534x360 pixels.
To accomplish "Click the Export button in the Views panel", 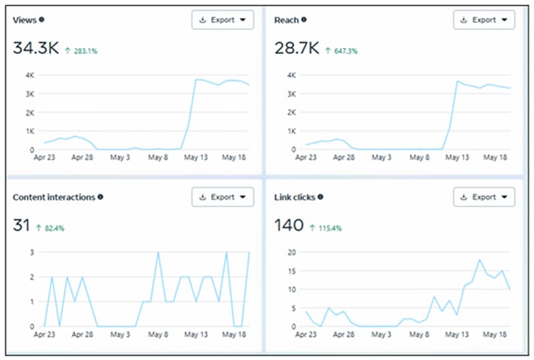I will (x=223, y=20).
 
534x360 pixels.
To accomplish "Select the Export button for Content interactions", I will (x=223, y=197).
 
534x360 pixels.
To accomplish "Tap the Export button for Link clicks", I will (x=484, y=197).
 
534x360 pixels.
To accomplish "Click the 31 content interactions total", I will (x=22, y=225).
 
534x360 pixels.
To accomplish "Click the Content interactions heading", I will (x=53, y=197).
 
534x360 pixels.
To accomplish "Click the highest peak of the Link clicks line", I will (x=479, y=259).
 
